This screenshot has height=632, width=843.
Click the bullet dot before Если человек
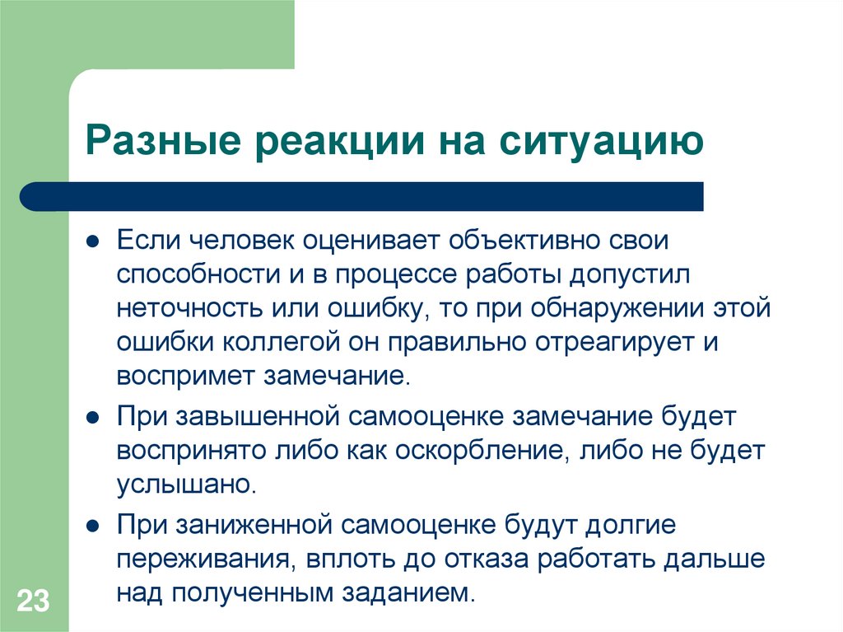[x=94, y=243]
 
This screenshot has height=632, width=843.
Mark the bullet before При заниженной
[x=94, y=524]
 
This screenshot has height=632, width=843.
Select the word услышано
[x=186, y=484]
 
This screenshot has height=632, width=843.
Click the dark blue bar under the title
[x=362, y=196]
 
